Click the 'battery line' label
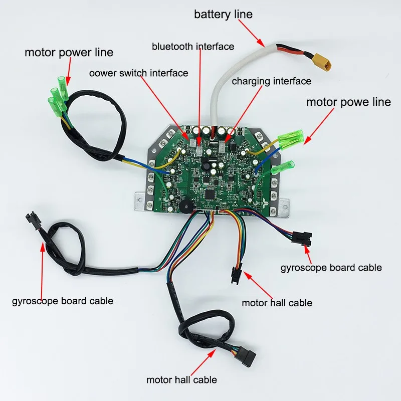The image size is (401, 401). [x=223, y=14]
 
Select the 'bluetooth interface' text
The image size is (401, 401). [x=193, y=47]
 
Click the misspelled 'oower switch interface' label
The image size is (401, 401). [x=138, y=73]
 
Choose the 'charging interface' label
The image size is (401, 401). [x=271, y=81]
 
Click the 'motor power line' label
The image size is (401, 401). [x=69, y=52]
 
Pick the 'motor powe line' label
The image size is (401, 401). [x=348, y=102]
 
